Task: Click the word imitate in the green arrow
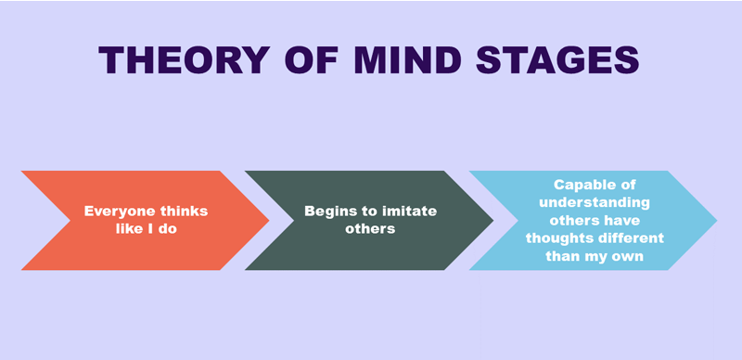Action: pyautogui.click(x=407, y=212)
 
